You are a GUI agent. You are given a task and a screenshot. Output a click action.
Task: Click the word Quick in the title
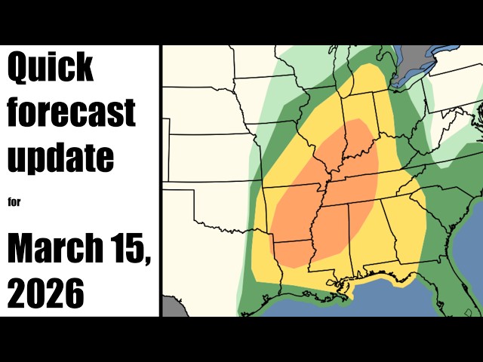(x=51, y=69)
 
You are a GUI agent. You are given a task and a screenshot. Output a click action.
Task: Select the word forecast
(x=71, y=112)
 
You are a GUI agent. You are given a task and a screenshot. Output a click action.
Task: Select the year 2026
(x=46, y=293)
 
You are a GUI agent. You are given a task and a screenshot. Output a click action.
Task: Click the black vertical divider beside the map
(x=161, y=181)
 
